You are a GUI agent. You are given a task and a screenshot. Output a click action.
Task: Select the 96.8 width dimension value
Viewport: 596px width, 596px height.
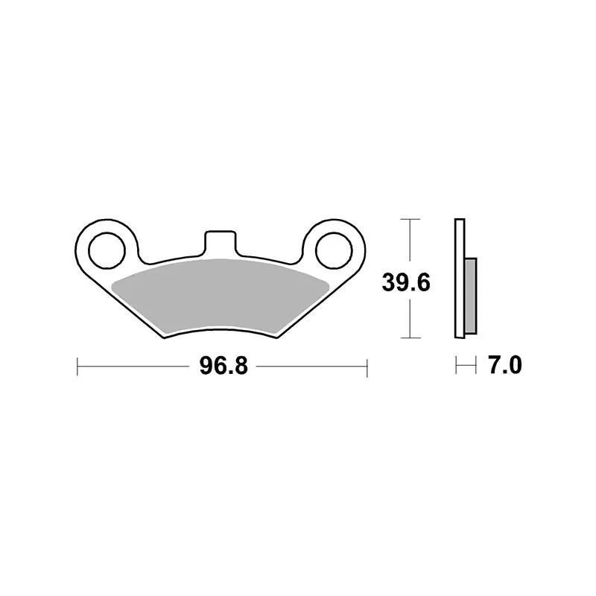coord(224,366)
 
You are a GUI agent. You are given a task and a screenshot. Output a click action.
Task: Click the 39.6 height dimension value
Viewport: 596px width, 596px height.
coord(406,282)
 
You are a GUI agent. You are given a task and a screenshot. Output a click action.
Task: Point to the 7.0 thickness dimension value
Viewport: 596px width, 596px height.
coord(505,365)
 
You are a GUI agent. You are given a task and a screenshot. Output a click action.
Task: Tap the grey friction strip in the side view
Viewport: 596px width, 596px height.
coord(471,296)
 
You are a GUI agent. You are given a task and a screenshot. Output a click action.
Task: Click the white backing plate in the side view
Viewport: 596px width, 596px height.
coord(460,278)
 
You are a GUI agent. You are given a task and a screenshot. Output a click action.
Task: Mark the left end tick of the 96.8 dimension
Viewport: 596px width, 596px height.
coord(77,367)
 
